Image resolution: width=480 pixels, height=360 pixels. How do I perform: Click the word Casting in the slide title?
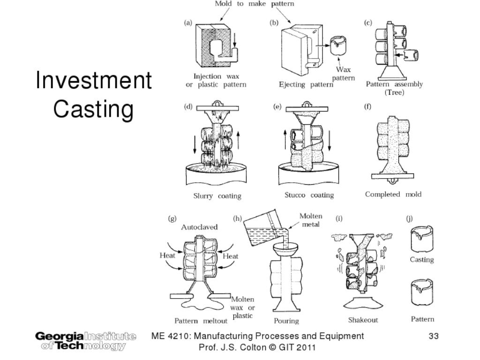coord(94,109)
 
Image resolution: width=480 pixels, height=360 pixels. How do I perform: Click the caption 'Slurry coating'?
coord(217,195)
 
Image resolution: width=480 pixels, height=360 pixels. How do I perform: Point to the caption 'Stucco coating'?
coord(309,195)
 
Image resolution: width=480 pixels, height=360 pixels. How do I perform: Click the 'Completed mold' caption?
coord(393,195)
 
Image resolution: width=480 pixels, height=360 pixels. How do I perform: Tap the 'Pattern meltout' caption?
coord(201,321)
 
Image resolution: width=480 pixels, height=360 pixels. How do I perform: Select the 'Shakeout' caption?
coord(363,320)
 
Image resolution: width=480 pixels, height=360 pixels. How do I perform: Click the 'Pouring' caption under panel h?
coord(286,321)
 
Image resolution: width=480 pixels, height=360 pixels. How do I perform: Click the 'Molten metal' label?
coord(311,220)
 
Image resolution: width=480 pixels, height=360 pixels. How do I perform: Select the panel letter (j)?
coord(409,218)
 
